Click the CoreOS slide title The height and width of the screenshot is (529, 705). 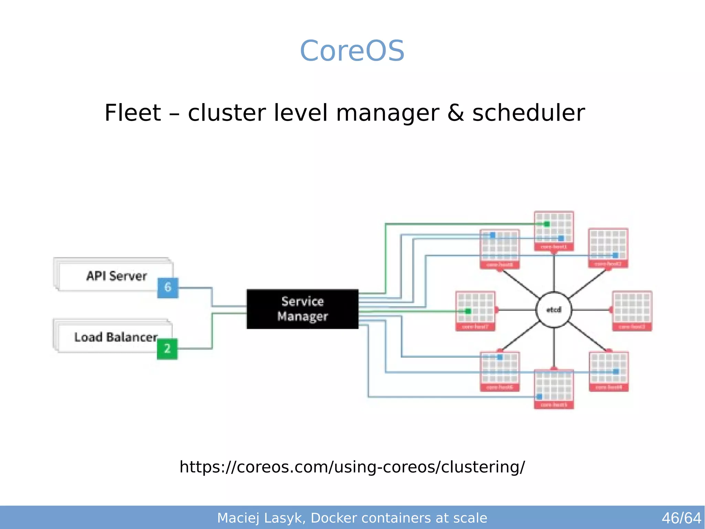352,51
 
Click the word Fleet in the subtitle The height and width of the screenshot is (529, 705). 133,113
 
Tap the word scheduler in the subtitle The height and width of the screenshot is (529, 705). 528,113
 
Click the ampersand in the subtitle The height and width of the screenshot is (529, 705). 455,113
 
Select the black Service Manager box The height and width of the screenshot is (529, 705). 302,309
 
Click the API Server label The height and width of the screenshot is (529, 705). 116,276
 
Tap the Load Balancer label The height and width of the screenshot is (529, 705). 116,337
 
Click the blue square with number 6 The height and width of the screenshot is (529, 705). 168,287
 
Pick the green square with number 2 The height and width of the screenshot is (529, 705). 167,349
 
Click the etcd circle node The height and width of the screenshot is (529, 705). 554,310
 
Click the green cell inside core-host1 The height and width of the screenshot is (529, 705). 547,224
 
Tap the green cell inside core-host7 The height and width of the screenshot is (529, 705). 468,311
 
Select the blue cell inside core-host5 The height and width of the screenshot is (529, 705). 539,397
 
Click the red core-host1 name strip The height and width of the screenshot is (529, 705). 554,247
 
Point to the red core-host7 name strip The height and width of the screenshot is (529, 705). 475,327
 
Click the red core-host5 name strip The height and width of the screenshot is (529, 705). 554,405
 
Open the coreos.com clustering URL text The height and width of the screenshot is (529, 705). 352,467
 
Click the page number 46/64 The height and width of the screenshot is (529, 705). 681,518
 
